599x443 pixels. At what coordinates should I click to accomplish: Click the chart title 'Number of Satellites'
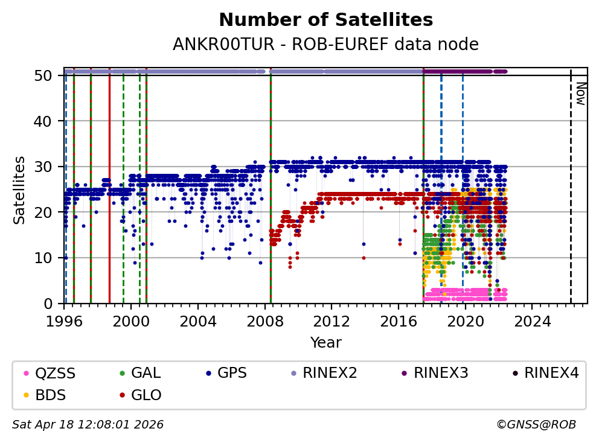(x=325, y=20)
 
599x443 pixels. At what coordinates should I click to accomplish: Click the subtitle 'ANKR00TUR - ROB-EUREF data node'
(x=325, y=45)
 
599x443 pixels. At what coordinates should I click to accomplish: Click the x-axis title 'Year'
(x=325, y=343)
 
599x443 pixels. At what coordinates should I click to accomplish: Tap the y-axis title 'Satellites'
(x=20, y=190)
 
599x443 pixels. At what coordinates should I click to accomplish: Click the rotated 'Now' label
(x=580, y=94)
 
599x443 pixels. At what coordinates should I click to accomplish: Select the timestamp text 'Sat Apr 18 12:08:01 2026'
(x=88, y=425)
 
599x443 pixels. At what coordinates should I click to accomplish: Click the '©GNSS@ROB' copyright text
(x=536, y=425)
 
